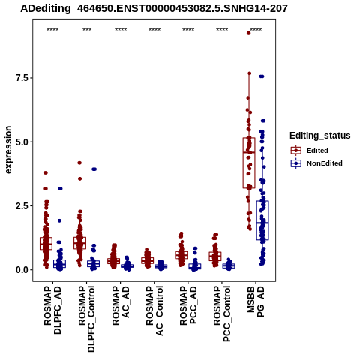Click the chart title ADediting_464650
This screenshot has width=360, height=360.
tap(154, 9)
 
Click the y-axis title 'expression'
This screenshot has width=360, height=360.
tap(8, 150)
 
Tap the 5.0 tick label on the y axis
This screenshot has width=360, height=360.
tap(21, 142)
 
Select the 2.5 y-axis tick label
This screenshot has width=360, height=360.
tap(21, 206)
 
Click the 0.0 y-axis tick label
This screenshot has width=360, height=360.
tap(21, 270)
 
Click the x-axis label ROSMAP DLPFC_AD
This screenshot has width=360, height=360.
tap(52, 310)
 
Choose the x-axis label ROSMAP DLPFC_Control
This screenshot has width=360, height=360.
tap(86, 319)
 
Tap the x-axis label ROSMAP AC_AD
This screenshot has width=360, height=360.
tap(121, 305)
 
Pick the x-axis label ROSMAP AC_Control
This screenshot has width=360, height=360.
tap(154, 310)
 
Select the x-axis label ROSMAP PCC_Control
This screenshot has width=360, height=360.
tap(222, 313)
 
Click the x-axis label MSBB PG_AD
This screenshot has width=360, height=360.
tap(256, 301)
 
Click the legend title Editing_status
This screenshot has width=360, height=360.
tap(320, 136)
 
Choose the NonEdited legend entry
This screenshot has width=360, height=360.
tap(316, 163)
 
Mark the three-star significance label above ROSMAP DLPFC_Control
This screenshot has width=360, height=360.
tap(87, 29)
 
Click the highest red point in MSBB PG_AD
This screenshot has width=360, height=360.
tap(248, 33)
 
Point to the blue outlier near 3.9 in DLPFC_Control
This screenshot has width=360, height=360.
tap(94, 169)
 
